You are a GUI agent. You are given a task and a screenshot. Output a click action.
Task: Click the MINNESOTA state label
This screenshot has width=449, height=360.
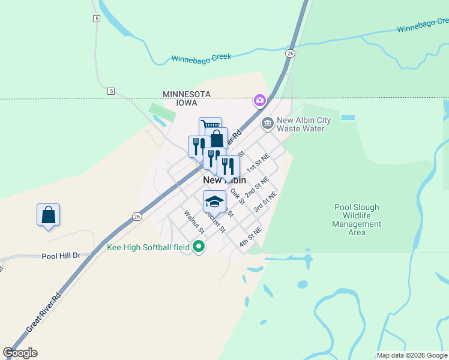click(x=186, y=94)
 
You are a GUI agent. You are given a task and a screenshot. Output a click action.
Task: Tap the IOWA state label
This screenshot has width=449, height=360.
click(x=186, y=103)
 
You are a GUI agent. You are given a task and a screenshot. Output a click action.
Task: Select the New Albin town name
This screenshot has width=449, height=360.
click(x=224, y=180)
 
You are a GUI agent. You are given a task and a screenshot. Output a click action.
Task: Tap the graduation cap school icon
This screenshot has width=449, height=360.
click(x=214, y=200)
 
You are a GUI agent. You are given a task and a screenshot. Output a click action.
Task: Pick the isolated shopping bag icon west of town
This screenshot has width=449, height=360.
click(x=48, y=215)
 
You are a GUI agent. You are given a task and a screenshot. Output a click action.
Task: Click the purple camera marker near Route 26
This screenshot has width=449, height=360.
click(x=260, y=100)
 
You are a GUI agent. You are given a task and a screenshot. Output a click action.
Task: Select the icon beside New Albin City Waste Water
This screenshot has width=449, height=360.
click(x=268, y=124)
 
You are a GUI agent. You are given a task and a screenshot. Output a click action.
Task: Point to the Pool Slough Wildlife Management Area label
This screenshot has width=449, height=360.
click(x=357, y=220)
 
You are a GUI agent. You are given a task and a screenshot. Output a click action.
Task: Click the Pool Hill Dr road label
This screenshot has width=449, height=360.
click(x=61, y=256)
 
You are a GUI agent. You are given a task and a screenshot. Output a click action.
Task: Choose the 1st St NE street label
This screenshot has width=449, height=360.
click(x=259, y=163)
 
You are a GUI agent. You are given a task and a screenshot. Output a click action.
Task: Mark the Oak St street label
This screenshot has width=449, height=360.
click(x=238, y=197)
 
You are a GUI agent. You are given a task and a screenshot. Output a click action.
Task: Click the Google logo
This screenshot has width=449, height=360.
click(x=20, y=353)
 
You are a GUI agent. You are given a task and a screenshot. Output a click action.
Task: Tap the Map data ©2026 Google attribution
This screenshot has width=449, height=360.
click(x=412, y=355)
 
